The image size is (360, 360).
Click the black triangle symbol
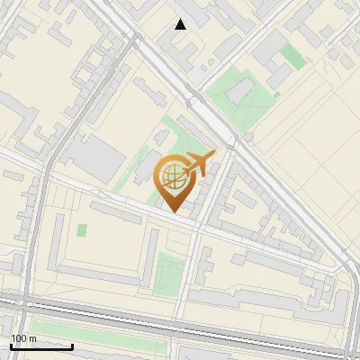point(181,24)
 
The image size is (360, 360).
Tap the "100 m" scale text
point(23,338)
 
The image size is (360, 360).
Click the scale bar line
point(42,346)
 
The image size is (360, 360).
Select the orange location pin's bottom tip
point(175,212)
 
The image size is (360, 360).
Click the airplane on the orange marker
point(199,164)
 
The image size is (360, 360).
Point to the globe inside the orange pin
point(175,178)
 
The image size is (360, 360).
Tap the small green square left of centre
point(82,230)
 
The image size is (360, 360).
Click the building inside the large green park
point(241,91)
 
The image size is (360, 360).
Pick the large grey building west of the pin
point(97,157)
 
